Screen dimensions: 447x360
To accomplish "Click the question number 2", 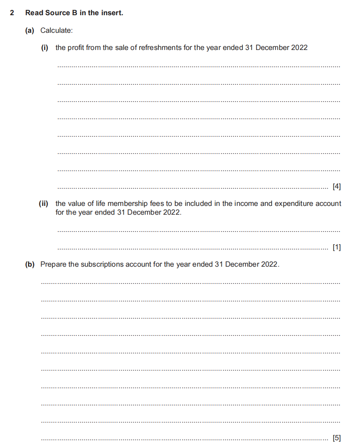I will (x=12, y=13).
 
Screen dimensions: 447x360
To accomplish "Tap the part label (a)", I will (x=30, y=30).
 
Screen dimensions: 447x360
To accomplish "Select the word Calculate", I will (x=56, y=30).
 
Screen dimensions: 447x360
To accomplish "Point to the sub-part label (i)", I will (x=44, y=48).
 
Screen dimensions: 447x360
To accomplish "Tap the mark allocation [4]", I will (x=336, y=186).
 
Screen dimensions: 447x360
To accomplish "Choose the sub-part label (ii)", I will (x=43, y=204).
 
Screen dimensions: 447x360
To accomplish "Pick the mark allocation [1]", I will (x=336, y=247).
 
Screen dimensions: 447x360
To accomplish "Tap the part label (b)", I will (x=30, y=264).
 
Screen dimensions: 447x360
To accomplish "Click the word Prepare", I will (x=54, y=264).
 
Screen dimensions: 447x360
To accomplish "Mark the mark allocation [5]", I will (x=336, y=438).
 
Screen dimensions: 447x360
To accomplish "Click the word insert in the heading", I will (x=113, y=13).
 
